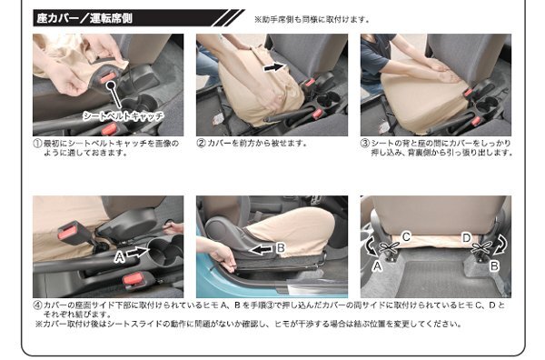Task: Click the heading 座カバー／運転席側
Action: pyautogui.click(x=84, y=18)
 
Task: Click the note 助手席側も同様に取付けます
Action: pyautogui.click(x=314, y=19)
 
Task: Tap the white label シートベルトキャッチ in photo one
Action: pyautogui.click(x=123, y=115)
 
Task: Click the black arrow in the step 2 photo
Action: pyautogui.click(x=274, y=66)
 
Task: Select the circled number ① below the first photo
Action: pyautogui.click(x=37, y=144)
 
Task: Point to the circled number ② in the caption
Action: pyautogui.click(x=202, y=144)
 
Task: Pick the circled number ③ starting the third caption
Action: pyautogui.click(x=365, y=144)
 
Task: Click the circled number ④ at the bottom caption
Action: pyautogui.click(x=37, y=305)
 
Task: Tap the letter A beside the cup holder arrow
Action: pyautogui.click(x=120, y=257)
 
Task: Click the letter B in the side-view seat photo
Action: pyautogui.click(x=281, y=247)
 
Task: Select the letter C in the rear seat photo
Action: pyautogui.click(x=406, y=237)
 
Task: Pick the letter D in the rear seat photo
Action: pyautogui.click(x=466, y=238)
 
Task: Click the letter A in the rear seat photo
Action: pyautogui.click(x=377, y=266)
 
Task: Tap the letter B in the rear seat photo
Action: pyautogui.click(x=494, y=266)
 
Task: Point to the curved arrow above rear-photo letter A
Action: pyautogui.click(x=370, y=246)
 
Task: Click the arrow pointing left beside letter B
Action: pyautogui.click(x=262, y=249)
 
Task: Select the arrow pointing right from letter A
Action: pyautogui.click(x=138, y=252)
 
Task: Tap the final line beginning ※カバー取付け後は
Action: pyautogui.click(x=248, y=325)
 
